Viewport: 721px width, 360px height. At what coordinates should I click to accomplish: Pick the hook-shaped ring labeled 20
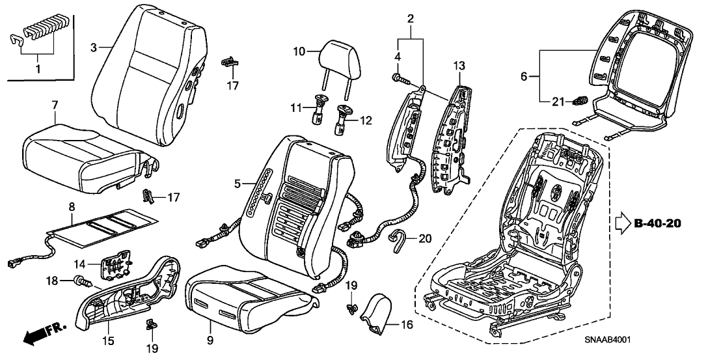click(x=398, y=241)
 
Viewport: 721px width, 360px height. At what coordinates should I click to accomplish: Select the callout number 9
click(x=210, y=320)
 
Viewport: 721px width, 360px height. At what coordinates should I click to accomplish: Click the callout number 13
click(x=459, y=65)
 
